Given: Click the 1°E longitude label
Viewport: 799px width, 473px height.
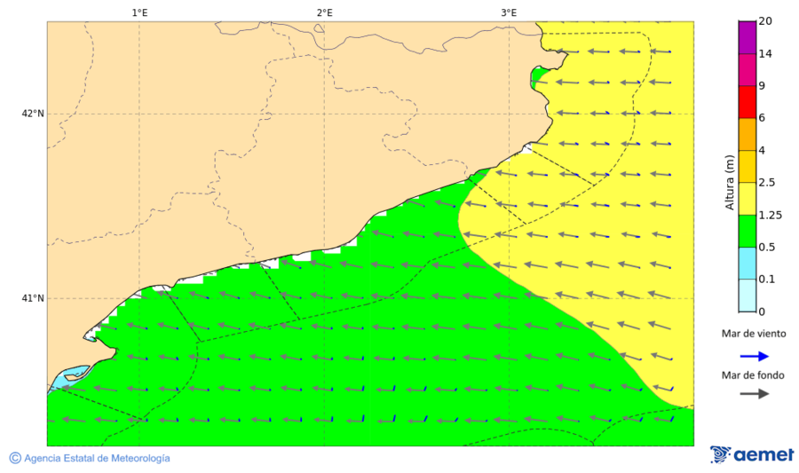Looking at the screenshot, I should (139, 12).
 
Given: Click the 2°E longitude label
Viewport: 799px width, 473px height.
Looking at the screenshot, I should (324, 12).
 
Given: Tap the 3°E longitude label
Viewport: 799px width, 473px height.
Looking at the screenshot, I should (509, 12).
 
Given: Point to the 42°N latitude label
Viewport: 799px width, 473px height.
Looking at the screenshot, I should (33, 114).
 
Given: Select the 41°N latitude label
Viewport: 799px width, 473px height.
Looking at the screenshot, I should (33, 298).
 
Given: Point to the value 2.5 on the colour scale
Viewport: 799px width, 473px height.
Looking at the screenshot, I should (767, 183).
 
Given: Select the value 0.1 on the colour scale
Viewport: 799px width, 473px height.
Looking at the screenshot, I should (766, 280).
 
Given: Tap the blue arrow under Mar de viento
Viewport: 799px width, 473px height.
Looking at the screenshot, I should (754, 356).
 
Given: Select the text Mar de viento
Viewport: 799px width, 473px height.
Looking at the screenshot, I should (754, 335).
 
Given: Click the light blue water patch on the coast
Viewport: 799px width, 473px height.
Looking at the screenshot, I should (69, 376).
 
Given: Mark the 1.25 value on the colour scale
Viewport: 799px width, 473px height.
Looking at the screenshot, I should (769, 215).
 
